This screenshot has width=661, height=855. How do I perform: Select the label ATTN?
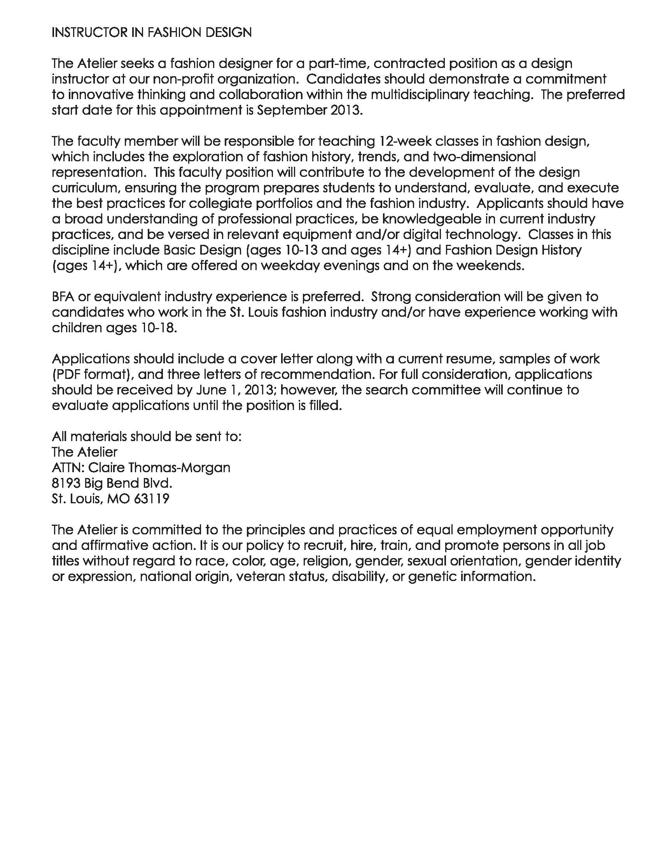point(67,468)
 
